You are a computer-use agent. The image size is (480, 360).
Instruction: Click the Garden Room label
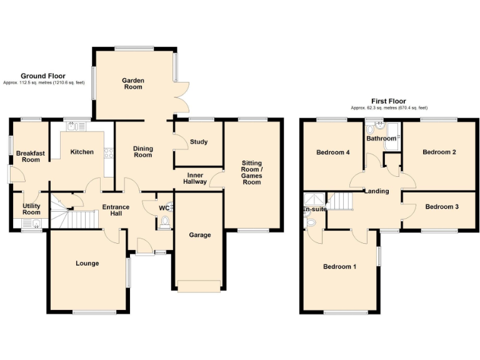point(132,84)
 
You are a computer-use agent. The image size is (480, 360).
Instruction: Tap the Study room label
point(199,142)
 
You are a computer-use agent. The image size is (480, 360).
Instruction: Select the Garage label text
point(200,235)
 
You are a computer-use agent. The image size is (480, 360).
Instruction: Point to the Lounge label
point(87,263)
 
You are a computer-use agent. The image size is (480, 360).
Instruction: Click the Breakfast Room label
point(28,156)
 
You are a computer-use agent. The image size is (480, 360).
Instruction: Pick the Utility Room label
point(31,209)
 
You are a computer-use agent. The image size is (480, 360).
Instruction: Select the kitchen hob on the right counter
point(109,152)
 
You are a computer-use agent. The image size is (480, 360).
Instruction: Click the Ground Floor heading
point(43,76)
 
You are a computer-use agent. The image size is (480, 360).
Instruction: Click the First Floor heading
point(388,101)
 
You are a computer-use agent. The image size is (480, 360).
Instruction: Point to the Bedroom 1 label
point(339,267)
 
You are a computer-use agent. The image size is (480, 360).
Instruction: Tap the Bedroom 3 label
point(442,206)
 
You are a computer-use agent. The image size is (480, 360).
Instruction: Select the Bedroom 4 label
point(333,152)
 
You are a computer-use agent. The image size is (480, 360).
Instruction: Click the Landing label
point(377,191)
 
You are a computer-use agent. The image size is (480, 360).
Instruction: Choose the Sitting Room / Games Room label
point(252,172)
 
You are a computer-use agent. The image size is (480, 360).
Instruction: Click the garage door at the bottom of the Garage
point(199,286)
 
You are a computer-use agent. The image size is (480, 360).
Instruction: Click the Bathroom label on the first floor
point(381,138)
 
